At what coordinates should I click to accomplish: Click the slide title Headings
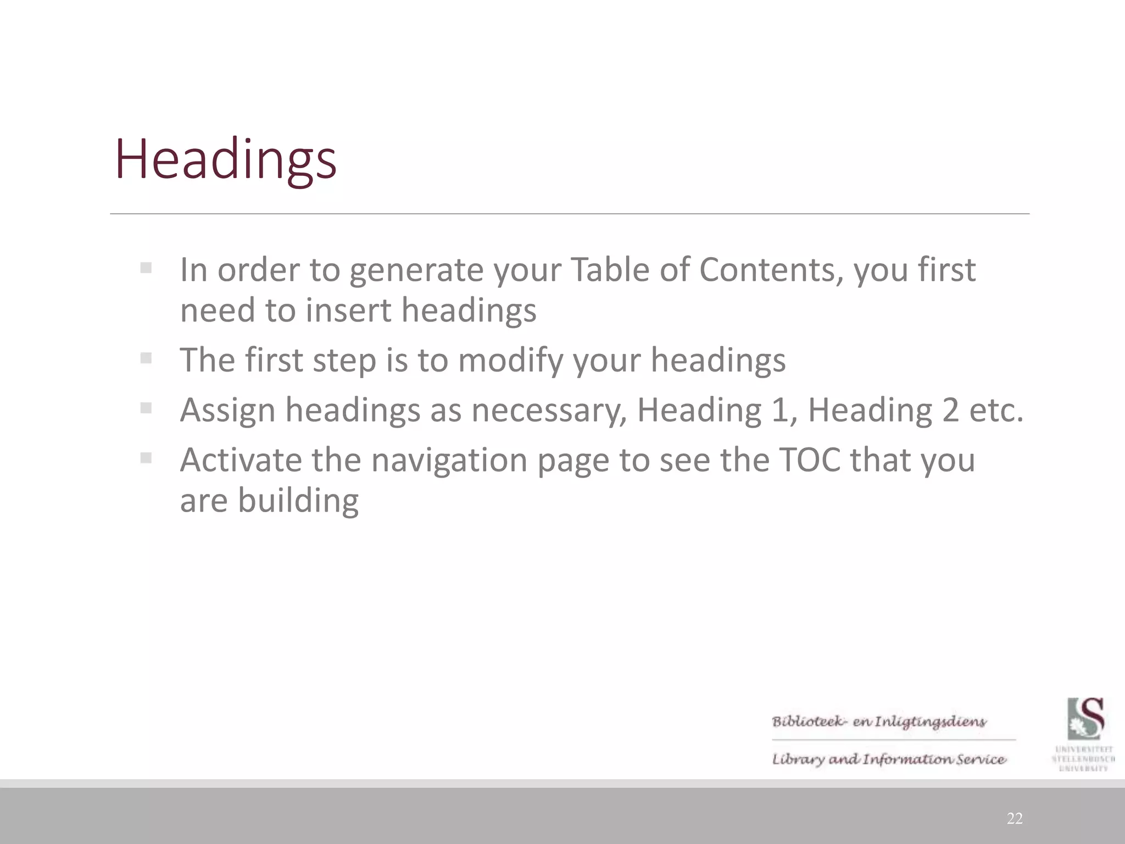225,159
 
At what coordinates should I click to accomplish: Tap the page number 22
1015,819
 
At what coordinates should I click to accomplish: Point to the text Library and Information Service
889,759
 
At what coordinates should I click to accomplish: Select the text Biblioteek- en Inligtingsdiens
879,721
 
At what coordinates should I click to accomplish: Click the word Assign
227,410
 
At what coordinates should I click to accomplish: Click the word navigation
449,460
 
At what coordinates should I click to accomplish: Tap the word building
298,501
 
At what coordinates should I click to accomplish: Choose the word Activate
241,460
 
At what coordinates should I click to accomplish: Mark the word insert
349,310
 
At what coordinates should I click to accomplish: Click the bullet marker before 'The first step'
146,358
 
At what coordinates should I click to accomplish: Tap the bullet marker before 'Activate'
146,458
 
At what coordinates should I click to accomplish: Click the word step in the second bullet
344,360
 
